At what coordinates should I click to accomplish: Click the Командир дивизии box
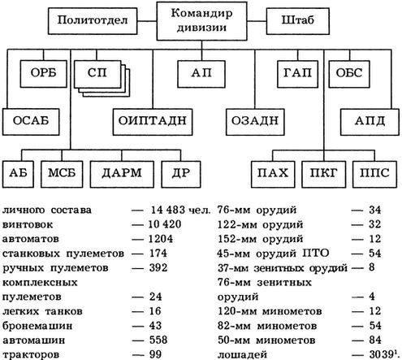coord(201,20)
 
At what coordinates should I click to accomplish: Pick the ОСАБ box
coord(32,120)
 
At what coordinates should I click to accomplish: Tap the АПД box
coord(370,120)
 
